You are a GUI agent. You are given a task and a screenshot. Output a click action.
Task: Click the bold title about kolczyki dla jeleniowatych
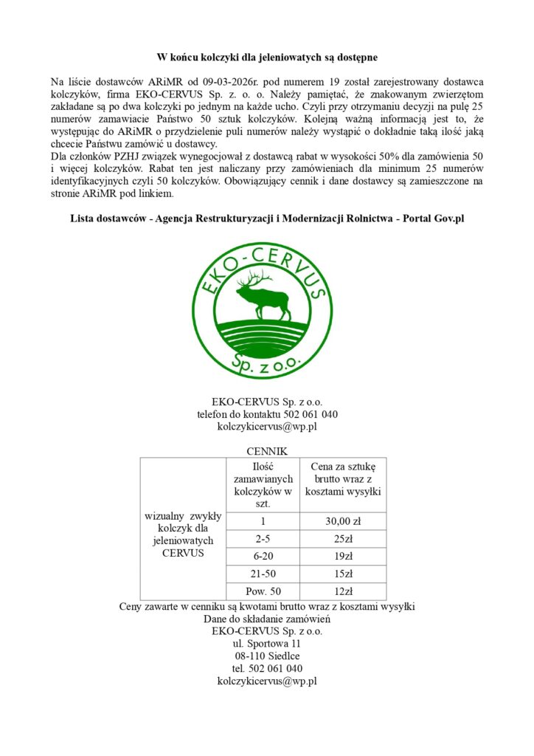pyautogui.click(x=267, y=58)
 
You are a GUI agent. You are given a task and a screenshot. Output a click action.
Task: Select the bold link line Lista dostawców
pyautogui.click(x=267, y=219)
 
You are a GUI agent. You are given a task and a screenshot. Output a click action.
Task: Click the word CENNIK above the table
pyautogui.click(x=267, y=451)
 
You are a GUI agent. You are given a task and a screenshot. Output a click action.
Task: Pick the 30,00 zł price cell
pyautogui.click(x=343, y=522)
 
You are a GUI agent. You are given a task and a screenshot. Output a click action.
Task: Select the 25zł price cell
pyautogui.click(x=343, y=540)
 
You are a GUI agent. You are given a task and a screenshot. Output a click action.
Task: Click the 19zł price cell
pyautogui.click(x=343, y=557)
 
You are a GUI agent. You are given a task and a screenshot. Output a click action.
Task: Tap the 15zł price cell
pyautogui.click(x=343, y=574)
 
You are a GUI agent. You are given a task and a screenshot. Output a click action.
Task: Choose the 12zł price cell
pyautogui.click(x=343, y=591)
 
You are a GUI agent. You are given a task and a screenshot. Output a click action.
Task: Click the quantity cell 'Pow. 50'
pyautogui.click(x=263, y=591)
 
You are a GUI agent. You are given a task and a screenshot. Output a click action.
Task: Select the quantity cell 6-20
pyautogui.click(x=263, y=557)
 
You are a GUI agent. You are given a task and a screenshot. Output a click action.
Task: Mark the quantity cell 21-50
pyautogui.click(x=263, y=574)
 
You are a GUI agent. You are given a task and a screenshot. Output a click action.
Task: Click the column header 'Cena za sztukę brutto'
pyautogui.click(x=343, y=480)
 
